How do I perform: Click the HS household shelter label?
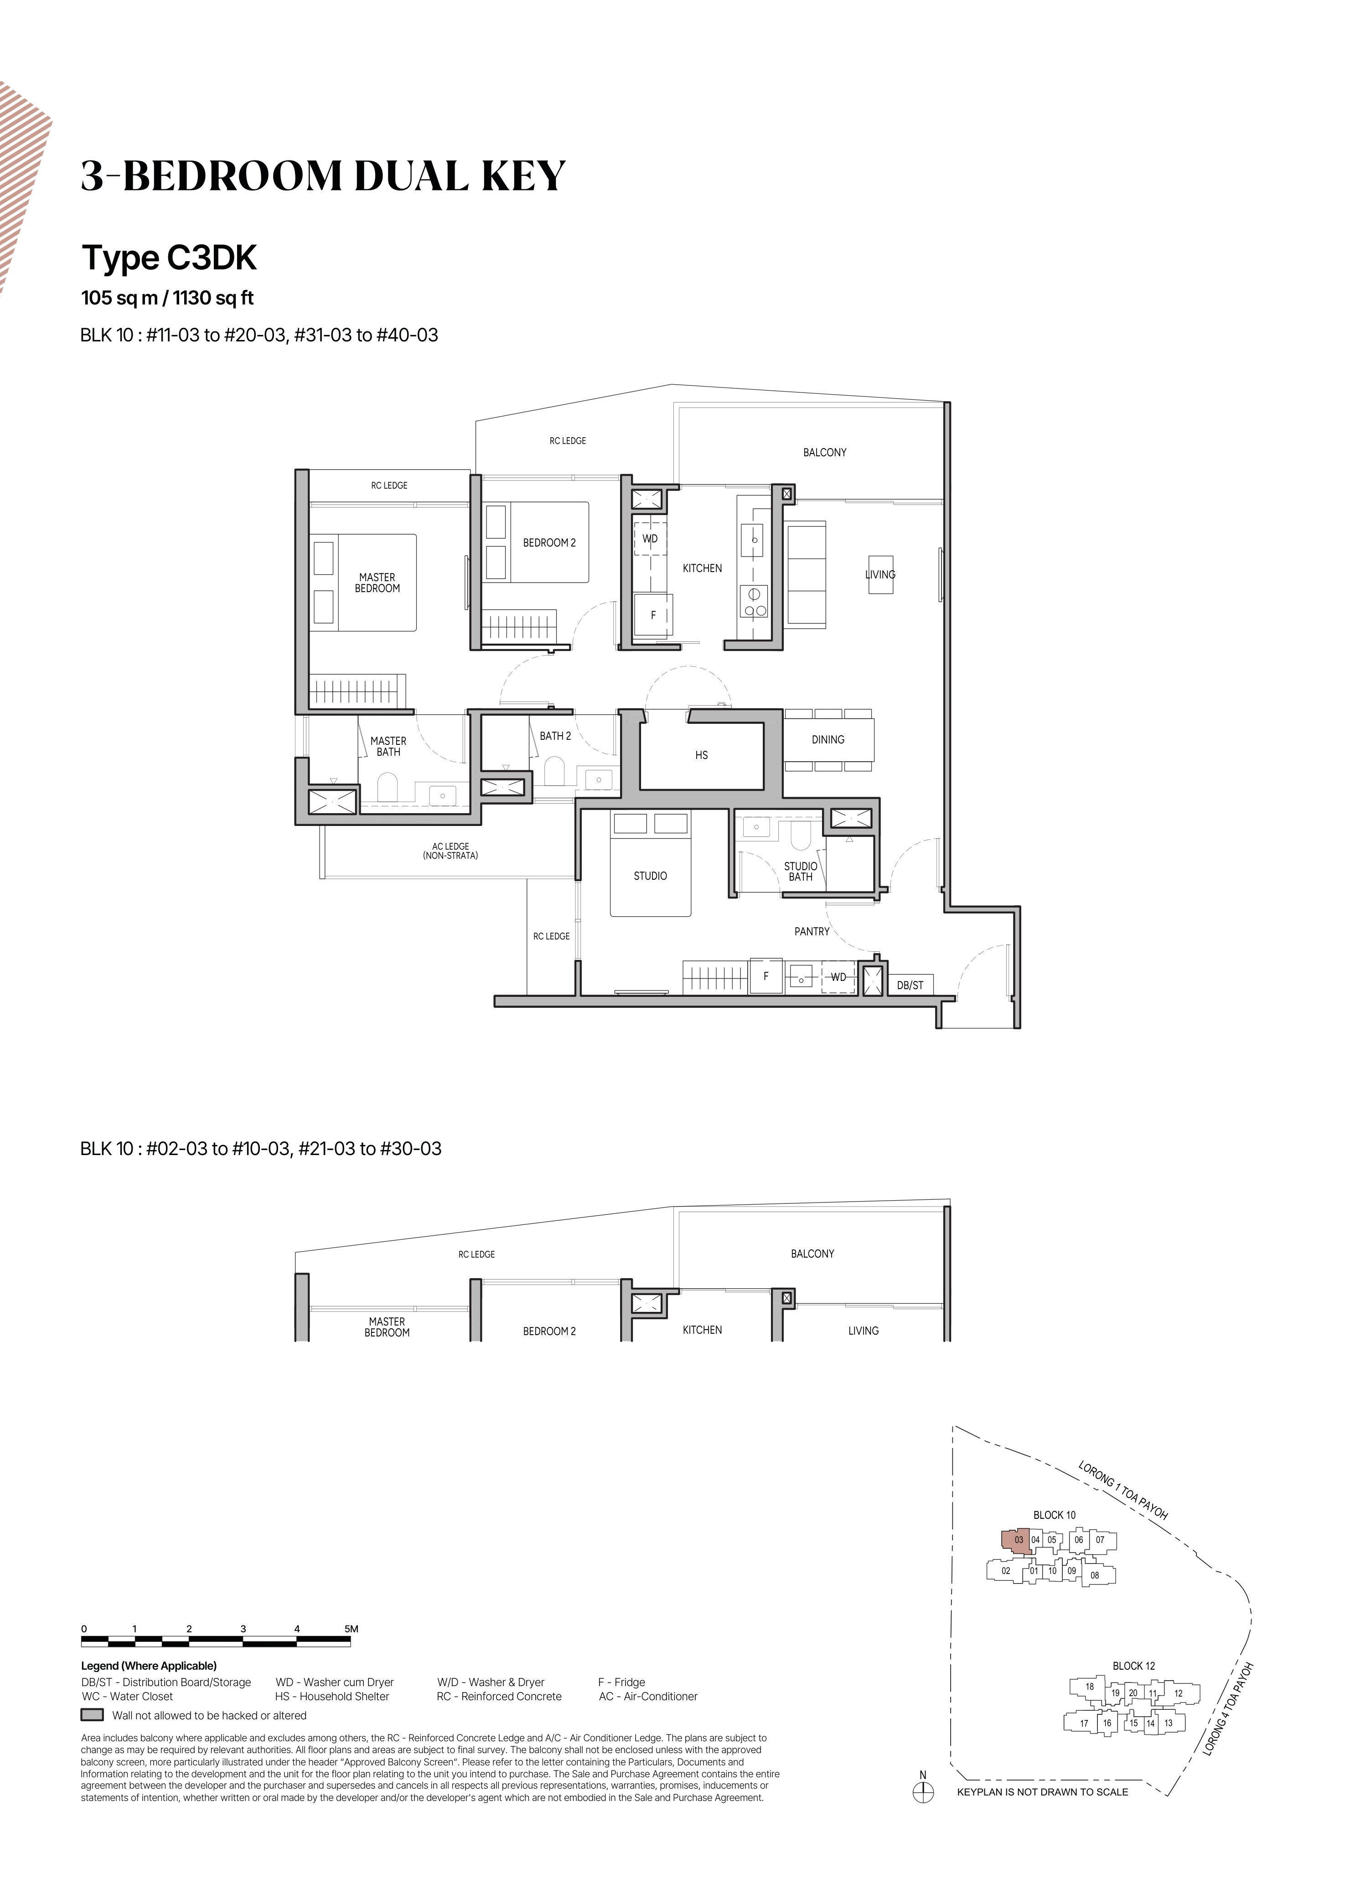pos(702,755)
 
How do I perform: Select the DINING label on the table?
pos(828,739)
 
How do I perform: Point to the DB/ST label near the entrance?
pos(910,985)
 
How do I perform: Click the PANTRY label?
pos(812,932)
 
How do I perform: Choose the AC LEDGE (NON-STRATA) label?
pos(450,851)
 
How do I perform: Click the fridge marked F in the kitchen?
pos(652,615)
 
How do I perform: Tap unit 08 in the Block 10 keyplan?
pos(1095,1575)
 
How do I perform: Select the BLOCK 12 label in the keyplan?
pos(1134,1665)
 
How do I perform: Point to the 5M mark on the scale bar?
pos(351,1629)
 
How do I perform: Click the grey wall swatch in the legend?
pos(92,1715)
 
